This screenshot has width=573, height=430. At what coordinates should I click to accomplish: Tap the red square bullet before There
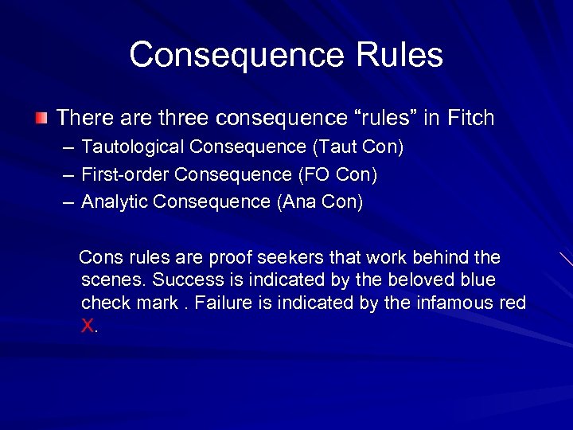point(41,119)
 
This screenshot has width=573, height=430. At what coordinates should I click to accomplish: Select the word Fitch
point(470,119)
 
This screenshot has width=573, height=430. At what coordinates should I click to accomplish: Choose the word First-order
point(125,174)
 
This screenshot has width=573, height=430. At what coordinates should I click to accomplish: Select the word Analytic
point(115,202)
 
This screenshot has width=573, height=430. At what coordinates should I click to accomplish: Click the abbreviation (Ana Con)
point(320,202)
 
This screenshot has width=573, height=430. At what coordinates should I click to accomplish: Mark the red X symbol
point(88,326)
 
